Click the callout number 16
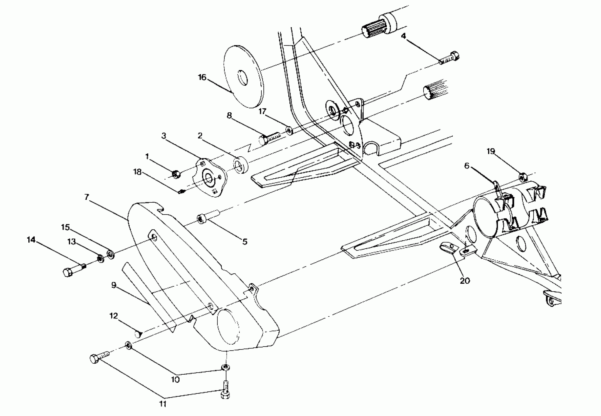202,77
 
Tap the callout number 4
403,36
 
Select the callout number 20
465,280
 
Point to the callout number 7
87,197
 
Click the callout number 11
163,404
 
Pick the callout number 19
491,151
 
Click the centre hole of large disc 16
243,77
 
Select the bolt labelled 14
74,270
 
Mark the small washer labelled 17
289,130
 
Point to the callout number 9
113,285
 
